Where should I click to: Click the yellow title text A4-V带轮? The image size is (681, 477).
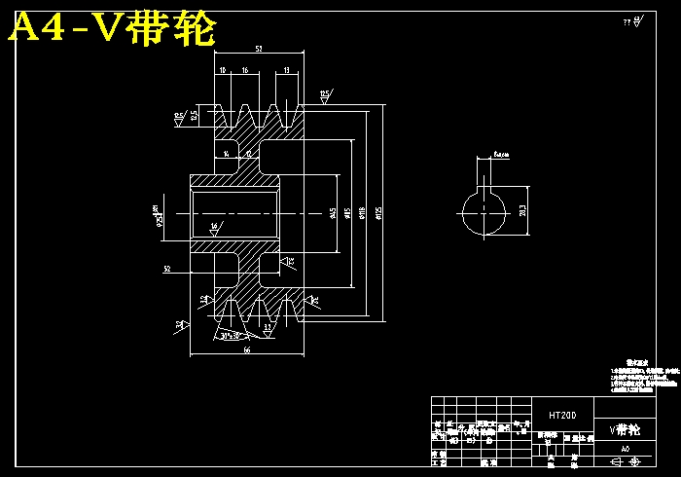[112, 30]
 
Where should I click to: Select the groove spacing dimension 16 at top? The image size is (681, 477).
[245, 70]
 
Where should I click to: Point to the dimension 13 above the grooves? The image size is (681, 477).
[287, 70]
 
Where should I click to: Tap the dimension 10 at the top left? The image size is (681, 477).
[223, 70]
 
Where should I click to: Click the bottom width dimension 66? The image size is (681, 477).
[247, 349]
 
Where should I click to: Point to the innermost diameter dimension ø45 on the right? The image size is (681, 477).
[334, 212]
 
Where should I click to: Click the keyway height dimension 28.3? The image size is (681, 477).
[522, 210]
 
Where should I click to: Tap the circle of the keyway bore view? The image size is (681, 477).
[484, 213]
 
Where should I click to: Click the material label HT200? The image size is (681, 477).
[562, 415]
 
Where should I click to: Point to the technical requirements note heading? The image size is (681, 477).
[635, 360]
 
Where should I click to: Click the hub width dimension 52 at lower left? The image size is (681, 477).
[167, 269]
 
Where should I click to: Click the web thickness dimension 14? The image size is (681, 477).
[227, 154]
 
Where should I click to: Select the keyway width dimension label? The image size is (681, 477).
[502, 154]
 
